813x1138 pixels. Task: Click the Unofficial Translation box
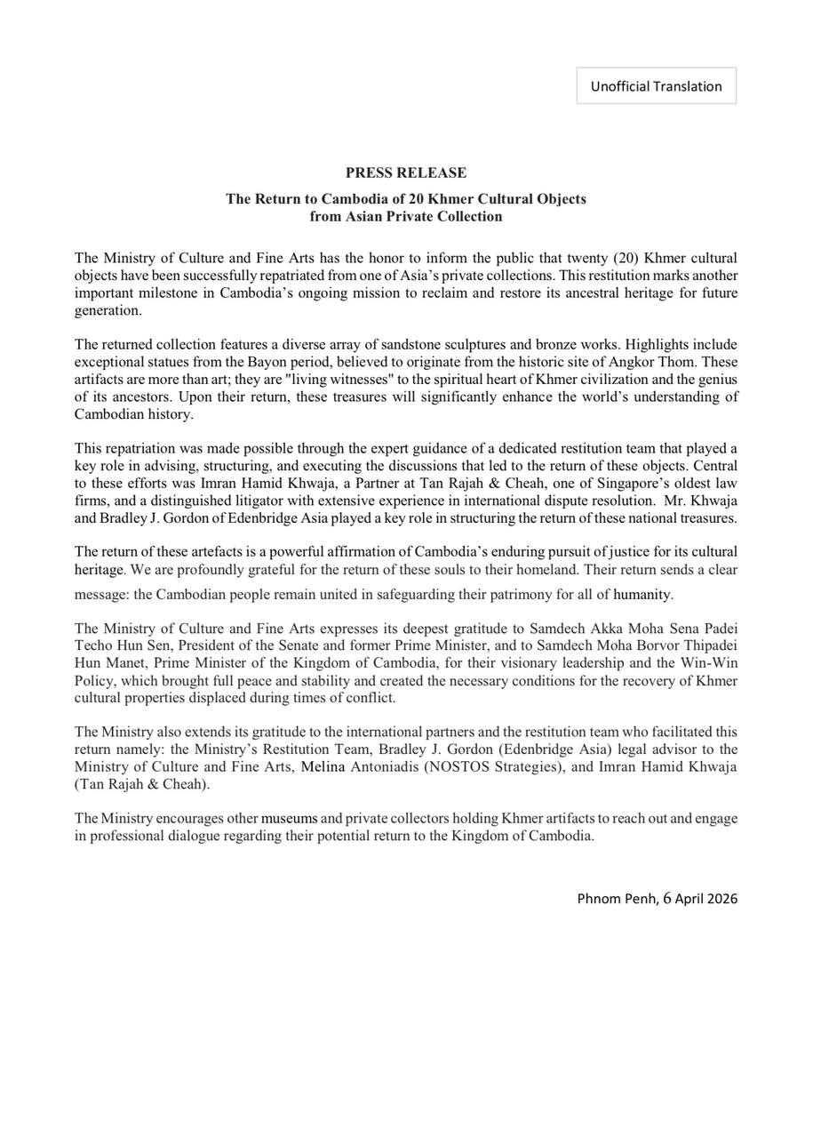pos(656,86)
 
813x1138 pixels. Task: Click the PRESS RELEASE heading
pos(406,172)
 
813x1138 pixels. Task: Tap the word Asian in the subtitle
pos(364,216)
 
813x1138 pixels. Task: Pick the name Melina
pos(323,766)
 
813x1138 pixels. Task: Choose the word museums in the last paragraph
pos(290,818)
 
